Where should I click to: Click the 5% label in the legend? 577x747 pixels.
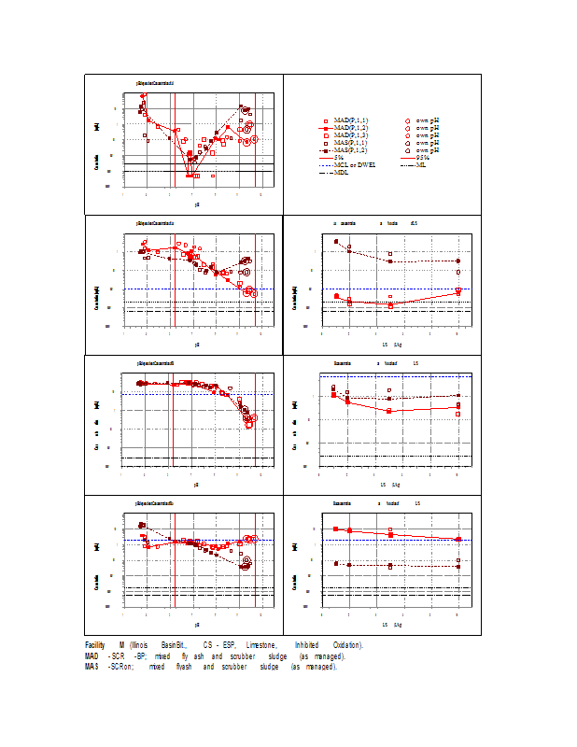tap(339, 158)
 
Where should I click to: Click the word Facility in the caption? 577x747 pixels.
tap(94, 645)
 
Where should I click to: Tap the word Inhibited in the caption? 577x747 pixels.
tap(308, 645)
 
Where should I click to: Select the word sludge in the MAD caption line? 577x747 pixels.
tap(277, 656)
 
